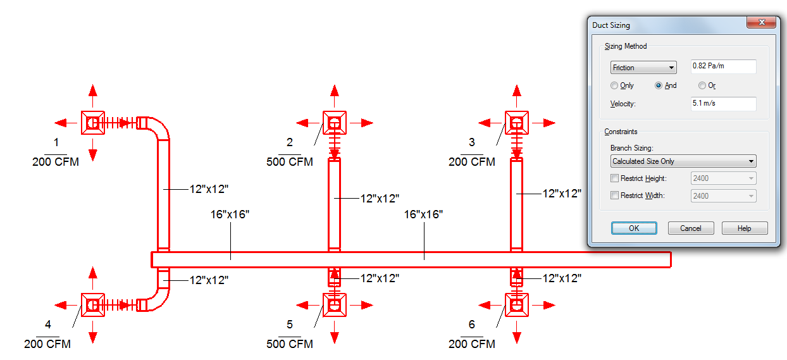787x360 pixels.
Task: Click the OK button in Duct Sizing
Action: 634,228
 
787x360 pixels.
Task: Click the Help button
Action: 744,228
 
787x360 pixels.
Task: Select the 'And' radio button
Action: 659,85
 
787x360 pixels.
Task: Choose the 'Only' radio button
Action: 614,85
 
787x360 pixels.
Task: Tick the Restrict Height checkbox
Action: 614,179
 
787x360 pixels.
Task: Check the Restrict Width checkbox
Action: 614,196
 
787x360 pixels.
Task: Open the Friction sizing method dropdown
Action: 643,68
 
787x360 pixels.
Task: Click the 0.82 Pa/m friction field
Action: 723,66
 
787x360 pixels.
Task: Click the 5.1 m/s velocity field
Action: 723,103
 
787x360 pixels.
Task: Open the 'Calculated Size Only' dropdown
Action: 683,161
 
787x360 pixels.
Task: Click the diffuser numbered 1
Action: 93,122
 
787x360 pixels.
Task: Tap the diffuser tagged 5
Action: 334,305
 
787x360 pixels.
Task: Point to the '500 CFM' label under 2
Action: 290,162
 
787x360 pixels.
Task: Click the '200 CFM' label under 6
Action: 472,344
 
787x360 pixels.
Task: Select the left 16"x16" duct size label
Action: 230,214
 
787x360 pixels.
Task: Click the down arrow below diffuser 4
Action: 93,336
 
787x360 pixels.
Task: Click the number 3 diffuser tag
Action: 472,142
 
